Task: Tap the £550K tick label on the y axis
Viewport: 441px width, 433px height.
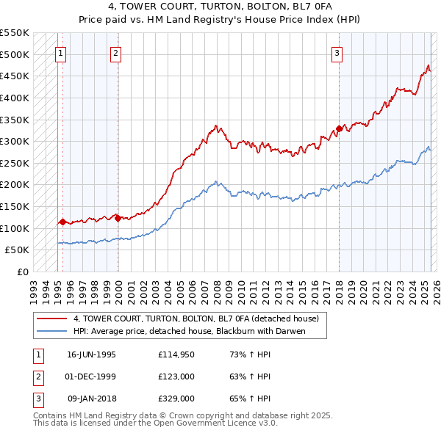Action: (x=15, y=33)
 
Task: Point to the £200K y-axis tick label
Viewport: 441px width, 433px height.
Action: (x=15, y=185)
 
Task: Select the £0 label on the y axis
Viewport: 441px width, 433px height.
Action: (x=24, y=272)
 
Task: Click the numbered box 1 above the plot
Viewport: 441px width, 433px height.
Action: (x=60, y=52)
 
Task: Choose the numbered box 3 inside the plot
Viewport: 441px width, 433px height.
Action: (x=337, y=52)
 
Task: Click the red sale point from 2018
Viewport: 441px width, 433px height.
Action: (x=339, y=128)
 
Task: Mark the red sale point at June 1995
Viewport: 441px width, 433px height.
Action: (x=63, y=221)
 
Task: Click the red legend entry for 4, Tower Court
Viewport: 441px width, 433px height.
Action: (x=196, y=319)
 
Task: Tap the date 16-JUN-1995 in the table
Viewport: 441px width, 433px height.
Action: (x=91, y=354)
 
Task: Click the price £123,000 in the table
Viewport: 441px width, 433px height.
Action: (x=175, y=376)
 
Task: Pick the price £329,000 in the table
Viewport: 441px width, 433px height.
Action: (x=175, y=399)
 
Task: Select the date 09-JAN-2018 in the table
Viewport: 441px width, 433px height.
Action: (x=92, y=399)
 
